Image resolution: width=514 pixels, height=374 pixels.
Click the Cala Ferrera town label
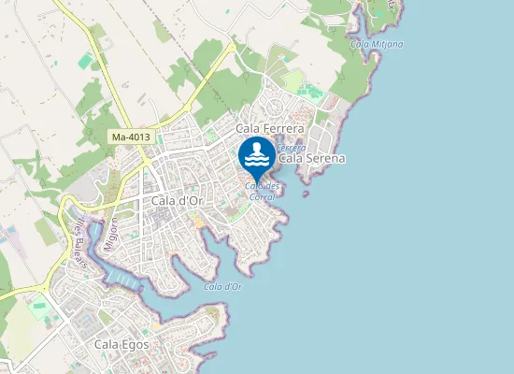tap(270, 128)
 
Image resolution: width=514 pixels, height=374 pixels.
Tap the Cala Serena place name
tap(313, 158)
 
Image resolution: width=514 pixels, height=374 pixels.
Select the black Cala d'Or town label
tap(177, 200)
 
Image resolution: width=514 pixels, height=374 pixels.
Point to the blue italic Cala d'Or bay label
tap(222, 286)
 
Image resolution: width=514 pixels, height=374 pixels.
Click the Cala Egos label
tap(121, 344)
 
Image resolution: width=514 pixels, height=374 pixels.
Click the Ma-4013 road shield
tap(131, 137)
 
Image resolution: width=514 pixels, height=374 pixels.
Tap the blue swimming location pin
tap(257, 156)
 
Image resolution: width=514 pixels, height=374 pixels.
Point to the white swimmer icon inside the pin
tap(257, 153)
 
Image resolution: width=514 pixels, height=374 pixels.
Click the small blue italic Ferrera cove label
tap(292, 148)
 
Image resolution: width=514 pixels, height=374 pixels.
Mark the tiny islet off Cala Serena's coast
tap(306, 194)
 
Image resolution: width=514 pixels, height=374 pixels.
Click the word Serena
tap(325, 158)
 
